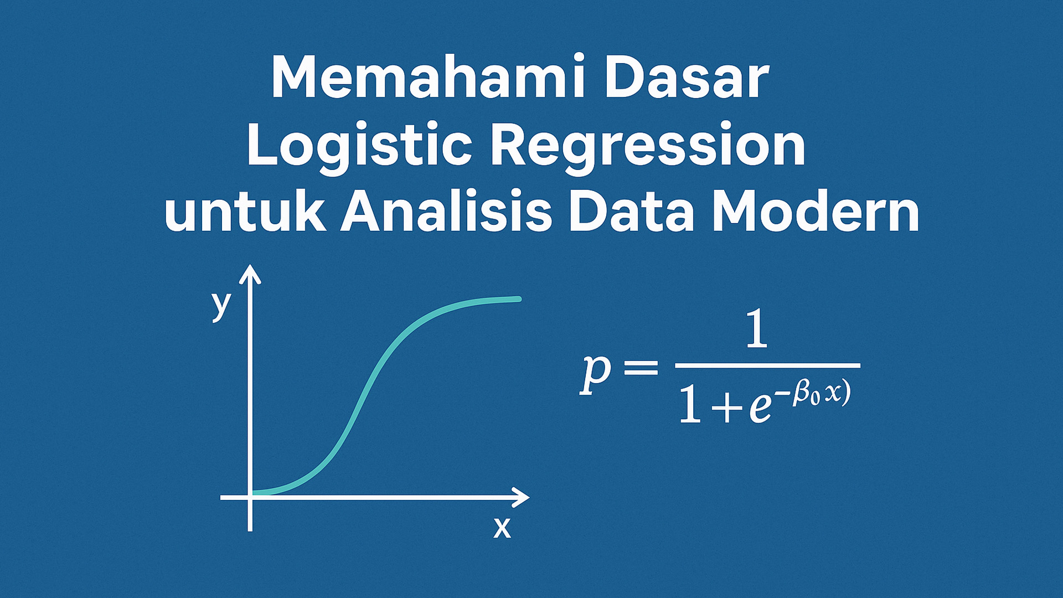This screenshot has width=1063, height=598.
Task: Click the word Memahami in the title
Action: point(426,78)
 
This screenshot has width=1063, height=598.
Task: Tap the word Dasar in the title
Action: point(687,78)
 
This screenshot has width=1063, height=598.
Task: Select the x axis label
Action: point(502,528)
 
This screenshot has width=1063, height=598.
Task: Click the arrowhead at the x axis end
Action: point(522,497)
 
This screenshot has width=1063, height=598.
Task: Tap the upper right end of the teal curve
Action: point(518,299)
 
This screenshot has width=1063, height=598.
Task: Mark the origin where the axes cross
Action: point(250,497)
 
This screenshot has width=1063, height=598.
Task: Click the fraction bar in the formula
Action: point(767,365)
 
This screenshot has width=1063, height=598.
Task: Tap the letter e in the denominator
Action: point(760,410)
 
